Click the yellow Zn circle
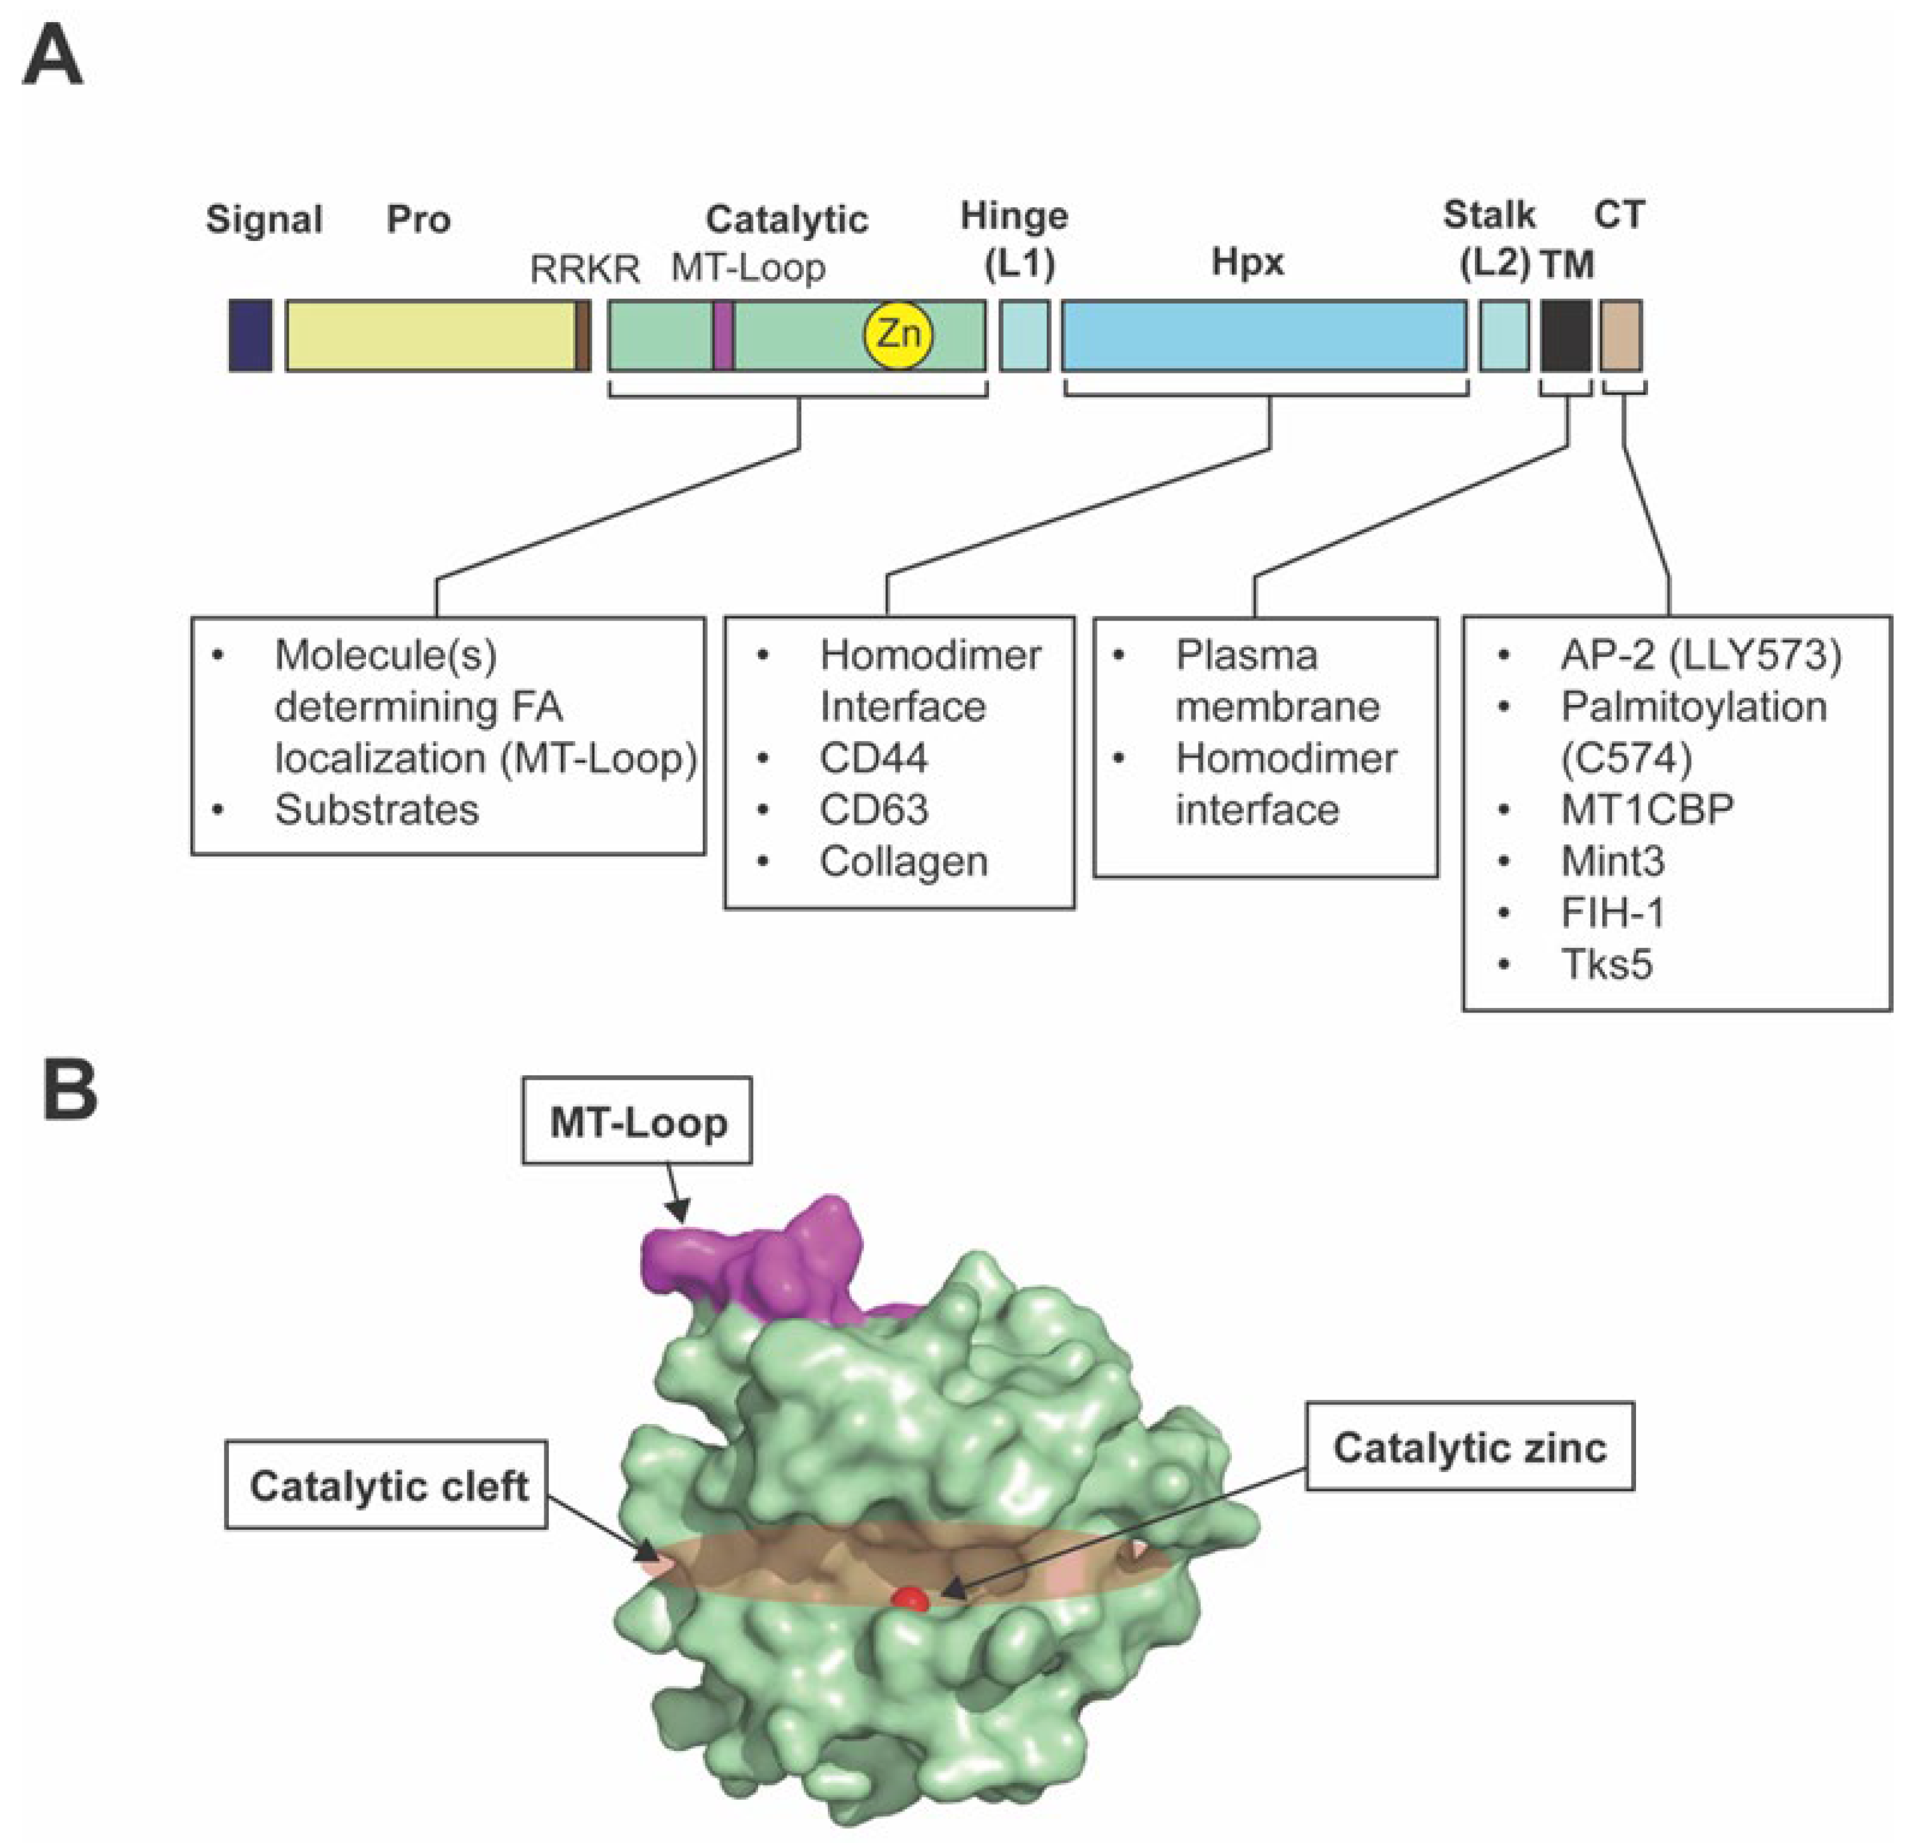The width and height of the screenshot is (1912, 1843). click(898, 335)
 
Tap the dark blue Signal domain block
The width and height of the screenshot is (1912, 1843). click(250, 335)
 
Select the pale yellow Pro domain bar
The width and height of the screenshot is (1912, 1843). click(429, 335)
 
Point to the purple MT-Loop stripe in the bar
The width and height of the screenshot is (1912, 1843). click(723, 335)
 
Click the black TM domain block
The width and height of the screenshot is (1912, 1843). click(1565, 335)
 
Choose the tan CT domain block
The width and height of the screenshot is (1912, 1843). click(1620, 335)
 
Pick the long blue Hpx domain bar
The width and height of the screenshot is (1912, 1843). click(1263, 335)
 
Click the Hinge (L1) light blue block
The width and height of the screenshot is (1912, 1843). click(1025, 335)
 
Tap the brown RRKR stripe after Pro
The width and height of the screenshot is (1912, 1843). click(582, 335)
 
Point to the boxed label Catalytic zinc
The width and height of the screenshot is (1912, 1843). click(1469, 1447)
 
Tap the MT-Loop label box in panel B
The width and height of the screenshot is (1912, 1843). click(637, 1122)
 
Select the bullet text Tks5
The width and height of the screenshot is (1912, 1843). click(1606, 964)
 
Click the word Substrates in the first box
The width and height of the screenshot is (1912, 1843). click(377, 810)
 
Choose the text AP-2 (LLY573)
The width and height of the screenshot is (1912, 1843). click(1700, 656)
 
